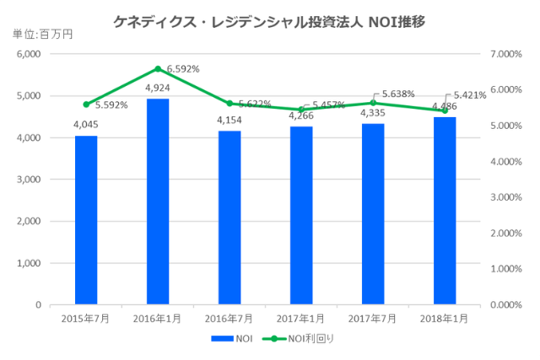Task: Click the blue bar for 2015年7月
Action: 86,220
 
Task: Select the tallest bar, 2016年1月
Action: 158,201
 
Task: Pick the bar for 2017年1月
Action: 301,215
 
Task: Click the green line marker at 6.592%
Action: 158,69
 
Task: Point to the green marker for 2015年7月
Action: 86,105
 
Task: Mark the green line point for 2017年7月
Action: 373,103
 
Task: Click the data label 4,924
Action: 158,88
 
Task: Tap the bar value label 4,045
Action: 86,124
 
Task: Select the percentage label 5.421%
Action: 470,95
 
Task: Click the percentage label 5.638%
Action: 398,94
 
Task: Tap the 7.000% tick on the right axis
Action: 506,54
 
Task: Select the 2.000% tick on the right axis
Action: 506,233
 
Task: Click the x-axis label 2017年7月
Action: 373,319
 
